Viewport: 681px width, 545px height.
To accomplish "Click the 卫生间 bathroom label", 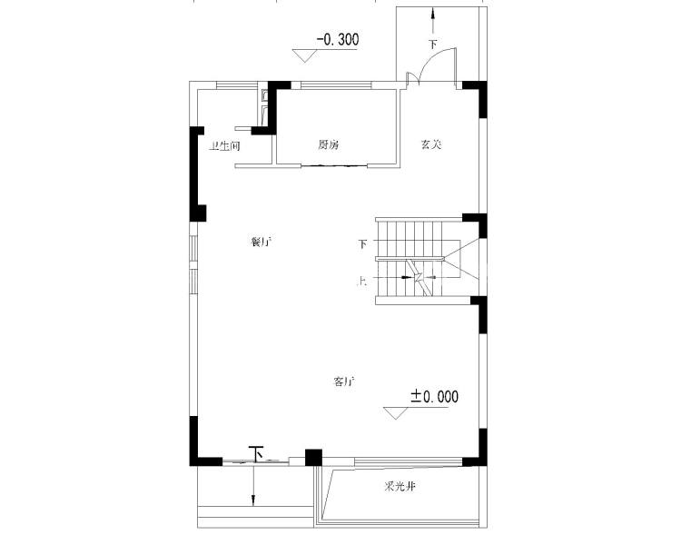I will click(x=224, y=145).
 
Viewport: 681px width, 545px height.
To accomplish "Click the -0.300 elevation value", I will click(x=337, y=40).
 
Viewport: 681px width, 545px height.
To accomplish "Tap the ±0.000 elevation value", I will click(x=435, y=397).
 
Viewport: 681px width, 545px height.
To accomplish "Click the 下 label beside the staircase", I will click(x=362, y=243).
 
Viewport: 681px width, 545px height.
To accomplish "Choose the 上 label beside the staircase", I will click(x=362, y=282).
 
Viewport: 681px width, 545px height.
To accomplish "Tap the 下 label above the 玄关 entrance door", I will click(x=433, y=44).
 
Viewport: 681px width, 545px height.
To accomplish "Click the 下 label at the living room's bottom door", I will click(x=256, y=452).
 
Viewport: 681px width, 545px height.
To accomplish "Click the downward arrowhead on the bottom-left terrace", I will click(x=253, y=499).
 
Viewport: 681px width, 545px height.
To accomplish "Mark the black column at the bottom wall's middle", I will click(x=313, y=458).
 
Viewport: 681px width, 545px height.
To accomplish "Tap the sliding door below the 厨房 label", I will click(x=336, y=165).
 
